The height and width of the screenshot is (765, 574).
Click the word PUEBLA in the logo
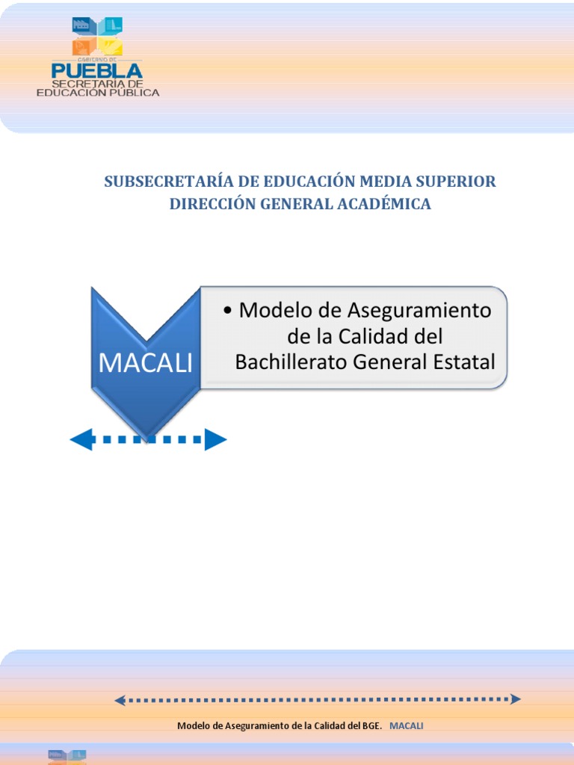coord(96,70)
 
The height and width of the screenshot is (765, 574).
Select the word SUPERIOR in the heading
coord(460,182)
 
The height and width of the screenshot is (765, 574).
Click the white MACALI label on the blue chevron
coord(145,363)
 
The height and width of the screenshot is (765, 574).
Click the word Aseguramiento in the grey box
coord(417,310)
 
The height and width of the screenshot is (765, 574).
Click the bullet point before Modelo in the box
coord(227,311)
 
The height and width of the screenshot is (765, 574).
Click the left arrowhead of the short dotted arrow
coord(80,440)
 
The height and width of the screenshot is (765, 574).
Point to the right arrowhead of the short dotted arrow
coord(216,440)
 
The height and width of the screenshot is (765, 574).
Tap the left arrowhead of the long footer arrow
coord(120,700)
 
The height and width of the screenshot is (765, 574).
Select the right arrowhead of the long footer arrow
coord(515,700)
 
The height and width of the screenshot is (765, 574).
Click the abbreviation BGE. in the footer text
coord(371,725)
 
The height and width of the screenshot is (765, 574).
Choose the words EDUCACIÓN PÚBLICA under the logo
coord(99,93)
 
